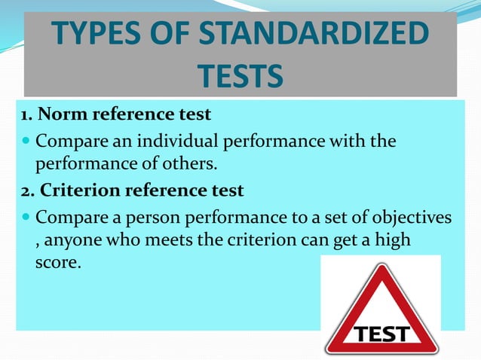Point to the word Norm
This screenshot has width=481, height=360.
[60, 116]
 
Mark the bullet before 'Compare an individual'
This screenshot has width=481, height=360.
[26, 142]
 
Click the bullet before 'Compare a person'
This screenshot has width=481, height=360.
[26, 217]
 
